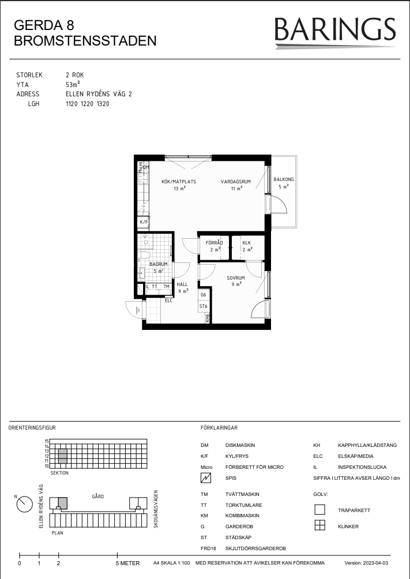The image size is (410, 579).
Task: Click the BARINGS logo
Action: [335, 32]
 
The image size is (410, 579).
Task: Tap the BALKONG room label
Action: [284, 179]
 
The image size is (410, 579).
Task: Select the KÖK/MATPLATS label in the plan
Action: [179, 182]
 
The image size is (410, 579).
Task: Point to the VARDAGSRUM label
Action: [236, 182]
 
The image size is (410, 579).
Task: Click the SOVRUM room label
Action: [236, 278]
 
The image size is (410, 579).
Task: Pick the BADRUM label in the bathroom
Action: [159, 264]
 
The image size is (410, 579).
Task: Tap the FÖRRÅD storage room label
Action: [215, 243]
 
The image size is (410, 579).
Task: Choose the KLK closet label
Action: [247, 243]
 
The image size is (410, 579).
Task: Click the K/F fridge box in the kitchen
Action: [143, 222]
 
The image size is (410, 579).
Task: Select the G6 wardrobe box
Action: [204, 295]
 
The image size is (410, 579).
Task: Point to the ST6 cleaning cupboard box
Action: [204, 306]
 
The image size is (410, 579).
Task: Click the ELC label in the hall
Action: [168, 300]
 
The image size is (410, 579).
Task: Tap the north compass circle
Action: [25, 504]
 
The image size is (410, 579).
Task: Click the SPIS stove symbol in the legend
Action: [206, 478]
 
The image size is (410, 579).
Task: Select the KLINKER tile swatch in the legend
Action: [320, 525]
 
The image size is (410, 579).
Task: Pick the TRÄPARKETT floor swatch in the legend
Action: [320, 510]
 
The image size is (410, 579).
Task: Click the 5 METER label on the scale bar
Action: [128, 563]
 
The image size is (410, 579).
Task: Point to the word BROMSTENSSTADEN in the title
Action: [85, 41]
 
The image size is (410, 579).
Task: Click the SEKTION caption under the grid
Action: [59, 473]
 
